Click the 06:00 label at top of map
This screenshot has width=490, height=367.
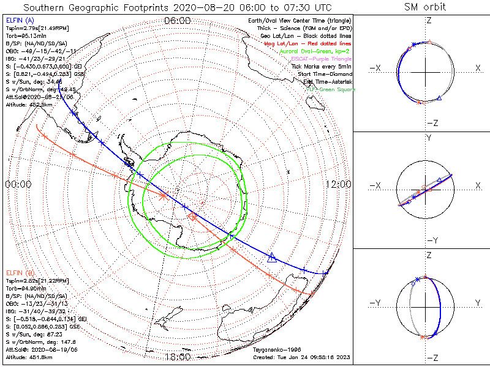click(x=178, y=21)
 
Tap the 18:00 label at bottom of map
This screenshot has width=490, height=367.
click(x=178, y=356)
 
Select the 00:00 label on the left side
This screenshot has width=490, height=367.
click(x=18, y=184)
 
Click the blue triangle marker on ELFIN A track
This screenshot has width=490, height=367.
click(x=273, y=259)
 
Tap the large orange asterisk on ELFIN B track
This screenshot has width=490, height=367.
click(x=164, y=196)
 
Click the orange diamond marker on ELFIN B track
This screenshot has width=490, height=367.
click(x=192, y=217)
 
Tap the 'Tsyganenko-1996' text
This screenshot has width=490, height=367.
click(x=277, y=350)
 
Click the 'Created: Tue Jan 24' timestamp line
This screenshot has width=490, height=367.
click(x=303, y=357)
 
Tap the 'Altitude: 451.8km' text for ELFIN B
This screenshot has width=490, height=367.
click(x=31, y=357)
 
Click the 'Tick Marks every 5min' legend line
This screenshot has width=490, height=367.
click(x=322, y=67)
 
